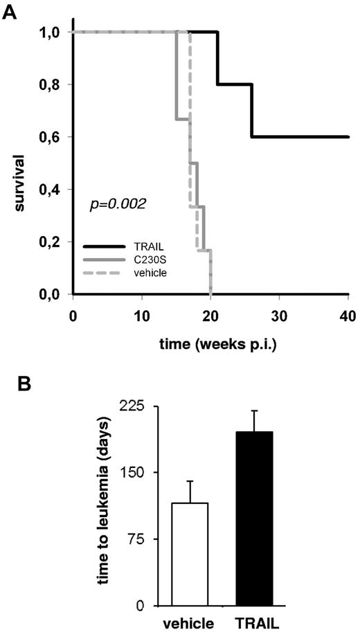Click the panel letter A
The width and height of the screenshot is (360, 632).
[9, 12]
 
